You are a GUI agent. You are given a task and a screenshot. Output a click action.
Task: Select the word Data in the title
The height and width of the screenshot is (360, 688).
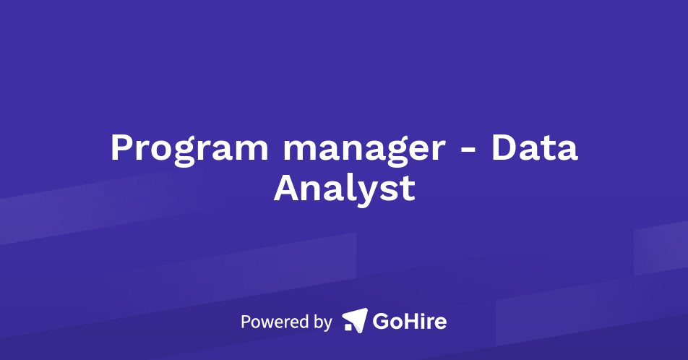534,147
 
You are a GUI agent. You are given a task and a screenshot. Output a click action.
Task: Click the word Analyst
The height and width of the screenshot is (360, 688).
344,188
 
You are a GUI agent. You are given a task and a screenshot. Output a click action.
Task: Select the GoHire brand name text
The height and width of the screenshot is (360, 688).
409,320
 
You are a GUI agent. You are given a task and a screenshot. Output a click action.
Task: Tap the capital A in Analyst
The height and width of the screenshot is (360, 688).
286,188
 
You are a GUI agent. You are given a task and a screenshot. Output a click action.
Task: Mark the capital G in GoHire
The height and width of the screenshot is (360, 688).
382,320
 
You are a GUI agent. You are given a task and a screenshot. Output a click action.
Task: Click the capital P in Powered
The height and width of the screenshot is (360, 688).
246,321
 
